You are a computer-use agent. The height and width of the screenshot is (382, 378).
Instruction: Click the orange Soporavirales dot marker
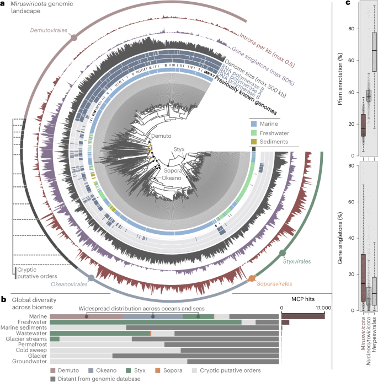252,277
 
